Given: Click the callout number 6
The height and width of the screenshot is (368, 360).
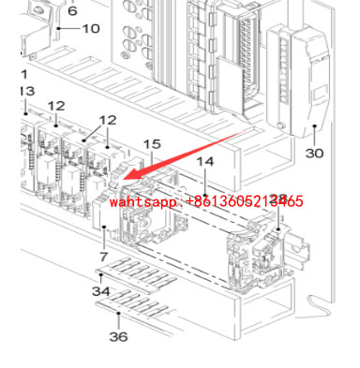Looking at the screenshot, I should click(x=72, y=11).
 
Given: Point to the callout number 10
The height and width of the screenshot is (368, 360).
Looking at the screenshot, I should click(x=90, y=29).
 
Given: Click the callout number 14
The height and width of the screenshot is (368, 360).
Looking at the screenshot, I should click(x=205, y=163).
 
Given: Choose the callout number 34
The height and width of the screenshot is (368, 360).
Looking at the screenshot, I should click(x=101, y=291).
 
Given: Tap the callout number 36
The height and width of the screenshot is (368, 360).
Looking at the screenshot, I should click(x=118, y=336).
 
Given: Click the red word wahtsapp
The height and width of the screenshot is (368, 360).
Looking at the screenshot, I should click(x=142, y=201).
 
